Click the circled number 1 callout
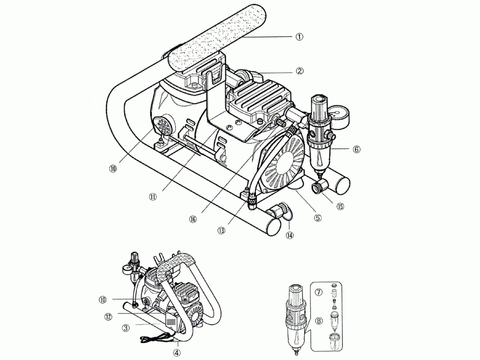click(x=300, y=36)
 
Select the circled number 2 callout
click(x=300, y=71)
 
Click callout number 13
click(x=221, y=230)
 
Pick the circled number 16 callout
click(x=193, y=218)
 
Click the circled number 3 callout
click(x=126, y=328)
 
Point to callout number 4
click(x=177, y=352)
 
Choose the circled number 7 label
click(x=318, y=292)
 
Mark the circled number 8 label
click(x=318, y=321)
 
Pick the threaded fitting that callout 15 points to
click(x=318, y=188)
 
